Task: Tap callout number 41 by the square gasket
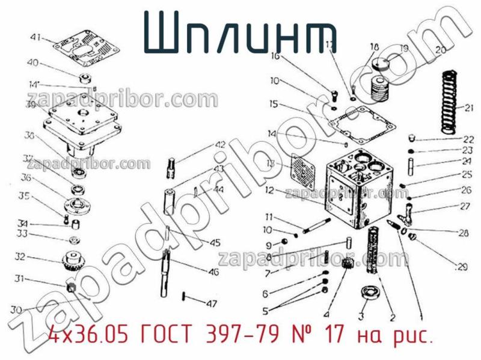pos(35,37)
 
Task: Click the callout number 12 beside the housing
pos(269,191)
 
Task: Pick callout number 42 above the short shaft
pos(220,145)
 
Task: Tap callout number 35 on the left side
pos(24,196)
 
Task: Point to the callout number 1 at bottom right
pos(420,313)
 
